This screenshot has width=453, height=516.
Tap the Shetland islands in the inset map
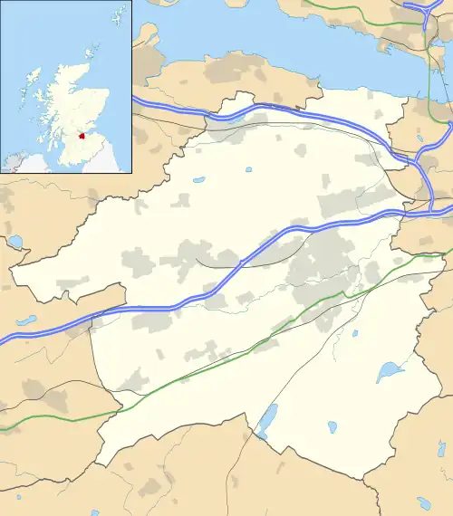tap(118, 15)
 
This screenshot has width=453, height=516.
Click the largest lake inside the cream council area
tap(390, 370)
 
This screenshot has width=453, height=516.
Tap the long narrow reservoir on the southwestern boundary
tap(267, 419)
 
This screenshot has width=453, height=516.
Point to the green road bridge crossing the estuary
tap(425, 54)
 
